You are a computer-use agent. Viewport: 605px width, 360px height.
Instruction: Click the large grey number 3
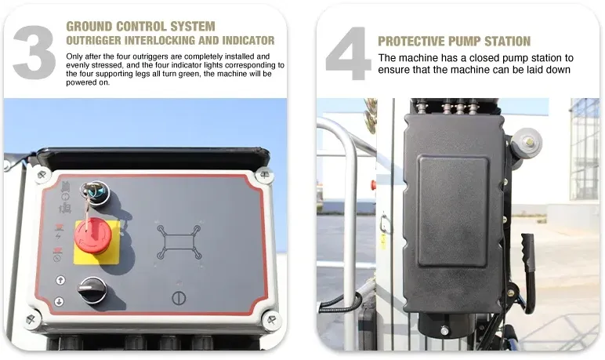point(34,51)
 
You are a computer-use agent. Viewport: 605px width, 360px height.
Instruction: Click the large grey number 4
point(348,53)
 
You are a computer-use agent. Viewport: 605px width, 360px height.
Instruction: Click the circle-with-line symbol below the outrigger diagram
point(177,298)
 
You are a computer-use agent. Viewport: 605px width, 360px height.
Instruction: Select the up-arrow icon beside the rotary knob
point(59,279)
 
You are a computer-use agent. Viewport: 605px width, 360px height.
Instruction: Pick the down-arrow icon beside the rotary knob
point(59,302)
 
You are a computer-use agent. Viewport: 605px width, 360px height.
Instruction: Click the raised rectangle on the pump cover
point(452,210)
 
